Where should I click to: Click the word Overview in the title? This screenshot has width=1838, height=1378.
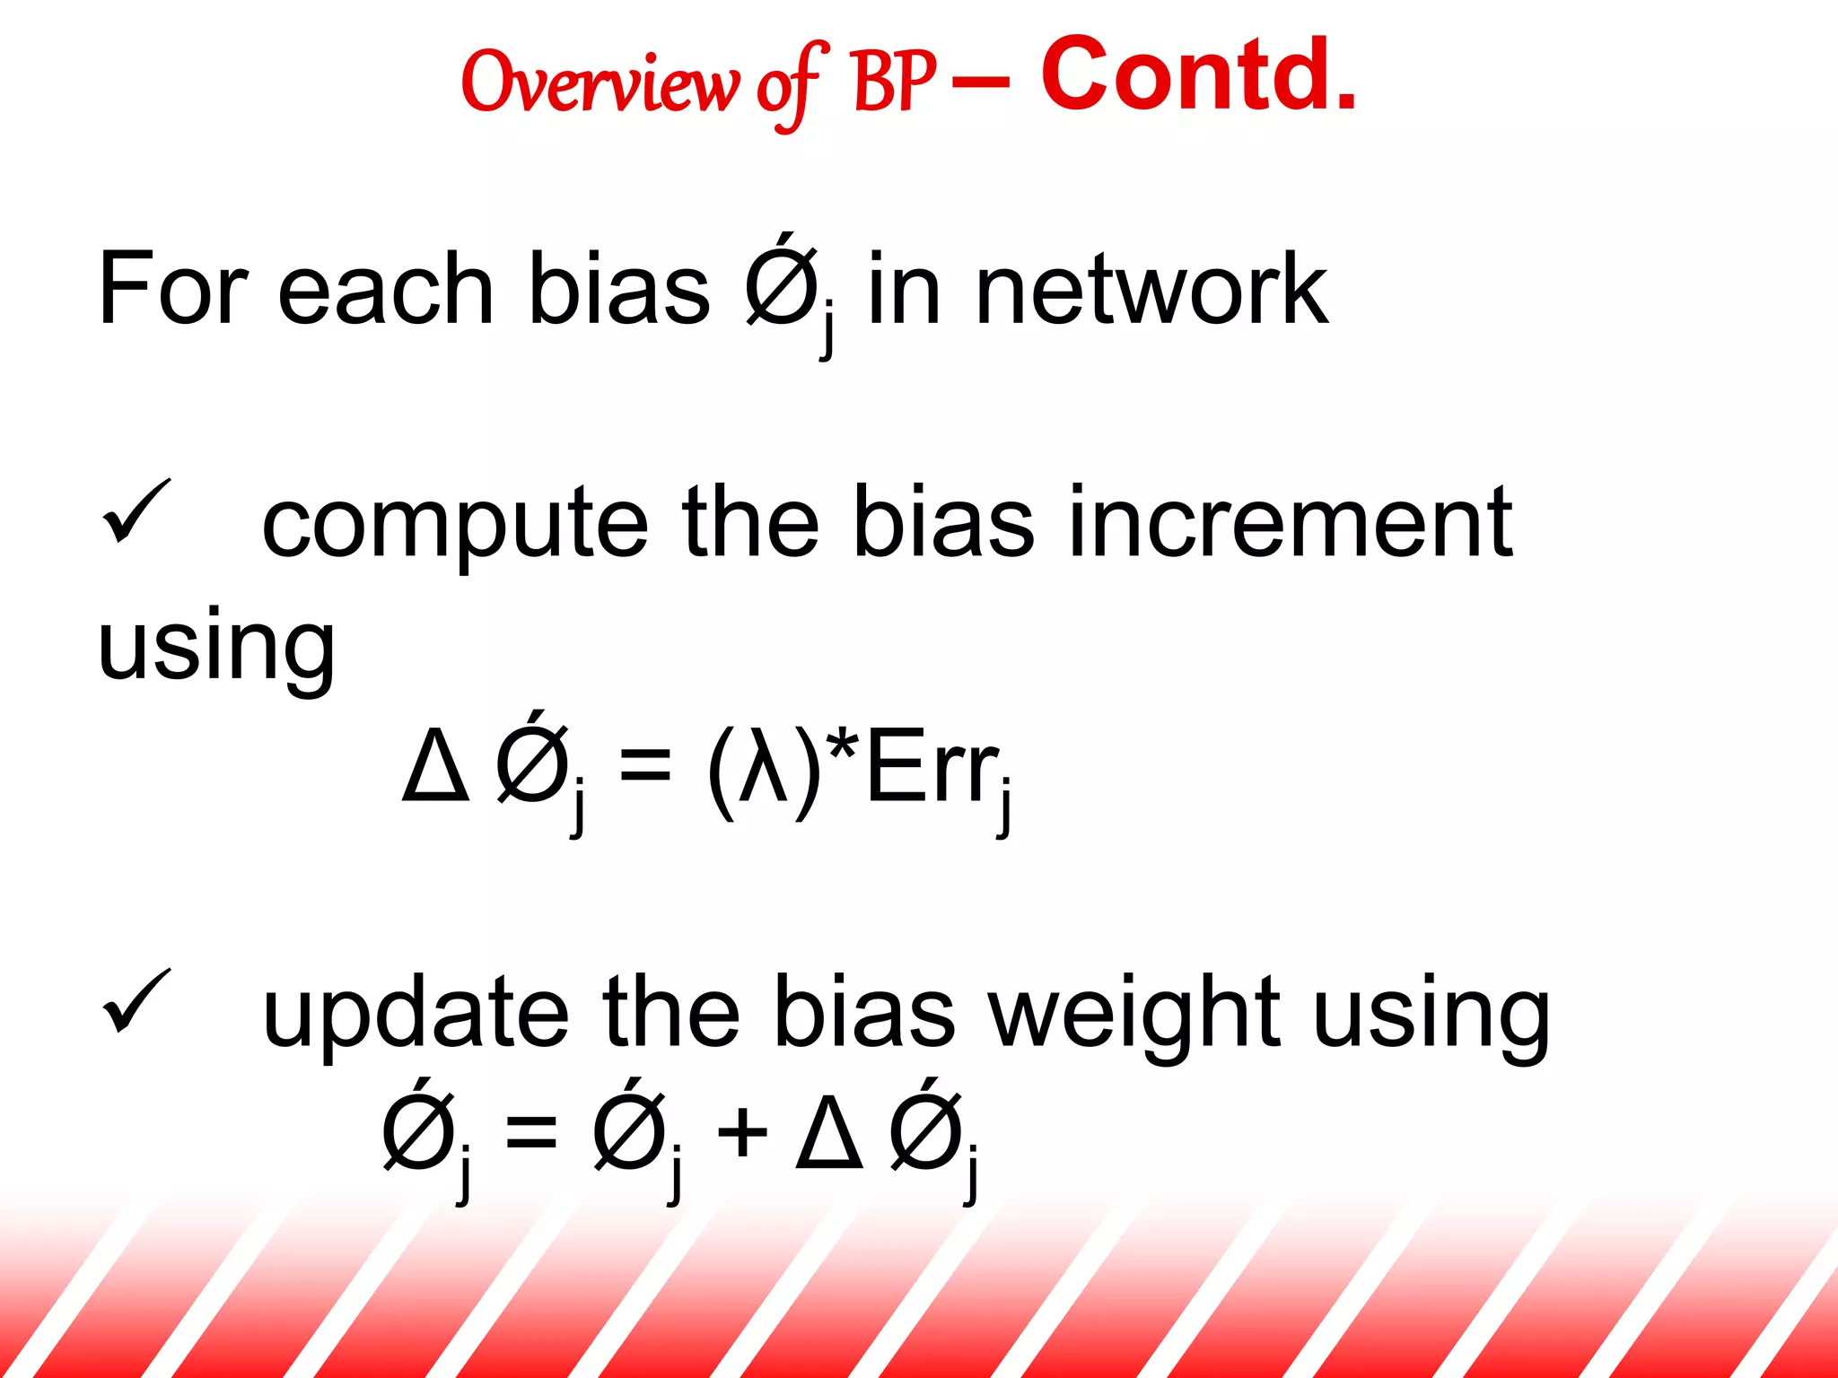point(600,83)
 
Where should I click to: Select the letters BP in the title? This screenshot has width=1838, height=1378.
point(894,83)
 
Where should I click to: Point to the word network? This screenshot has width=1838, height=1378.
point(1151,289)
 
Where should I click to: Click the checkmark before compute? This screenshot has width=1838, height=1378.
point(136,512)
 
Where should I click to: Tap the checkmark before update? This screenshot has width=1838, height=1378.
point(136,1002)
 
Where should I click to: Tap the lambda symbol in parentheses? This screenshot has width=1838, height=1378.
point(764,766)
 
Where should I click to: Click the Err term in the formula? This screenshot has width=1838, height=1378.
point(932,768)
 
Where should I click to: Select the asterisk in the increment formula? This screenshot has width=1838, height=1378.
point(843,745)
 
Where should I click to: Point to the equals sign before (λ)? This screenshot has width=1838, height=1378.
point(644,768)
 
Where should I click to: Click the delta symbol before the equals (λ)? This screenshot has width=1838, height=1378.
point(436,768)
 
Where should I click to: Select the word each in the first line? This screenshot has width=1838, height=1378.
point(386,289)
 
